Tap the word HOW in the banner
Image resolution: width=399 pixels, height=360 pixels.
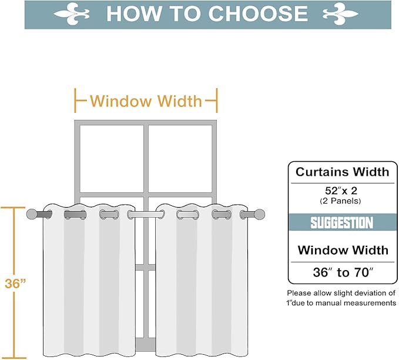pyautogui.click(x=131, y=14)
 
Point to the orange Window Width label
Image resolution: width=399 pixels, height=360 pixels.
pyautogui.click(x=146, y=101)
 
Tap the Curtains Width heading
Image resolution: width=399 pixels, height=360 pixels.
pyautogui.click(x=342, y=172)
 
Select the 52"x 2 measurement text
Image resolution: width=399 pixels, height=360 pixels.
pyautogui.click(x=342, y=191)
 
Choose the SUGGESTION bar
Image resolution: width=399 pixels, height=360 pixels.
pyautogui.click(x=342, y=223)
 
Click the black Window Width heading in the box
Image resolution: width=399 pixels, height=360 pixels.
pyautogui.click(x=342, y=250)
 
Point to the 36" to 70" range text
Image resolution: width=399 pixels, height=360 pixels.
pyautogui.click(x=342, y=272)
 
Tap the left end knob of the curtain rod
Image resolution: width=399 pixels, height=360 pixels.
pyautogui.click(x=33, y=214)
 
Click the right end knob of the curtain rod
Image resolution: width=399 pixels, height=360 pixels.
pyautogui.click(x=260, y=214)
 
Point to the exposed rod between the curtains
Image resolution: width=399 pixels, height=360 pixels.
pyautogui.click(x=146, y=215)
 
